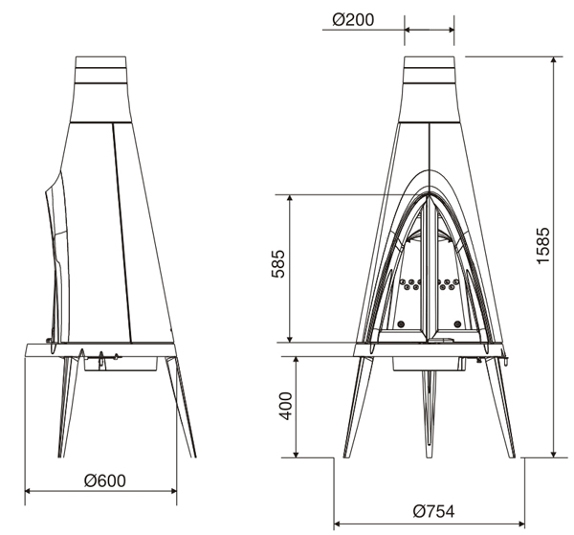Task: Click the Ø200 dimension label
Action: pos(353,20)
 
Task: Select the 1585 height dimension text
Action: pos(543,245)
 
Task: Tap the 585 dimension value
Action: pos(278,263)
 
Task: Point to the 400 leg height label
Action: pos(286,406)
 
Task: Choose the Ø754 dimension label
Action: pos(433,511)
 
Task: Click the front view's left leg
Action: pos(357,407)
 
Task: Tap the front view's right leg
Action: pos(500,407)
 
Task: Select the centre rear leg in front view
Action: pos(430,413)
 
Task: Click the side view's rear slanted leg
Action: pos(181,407)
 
